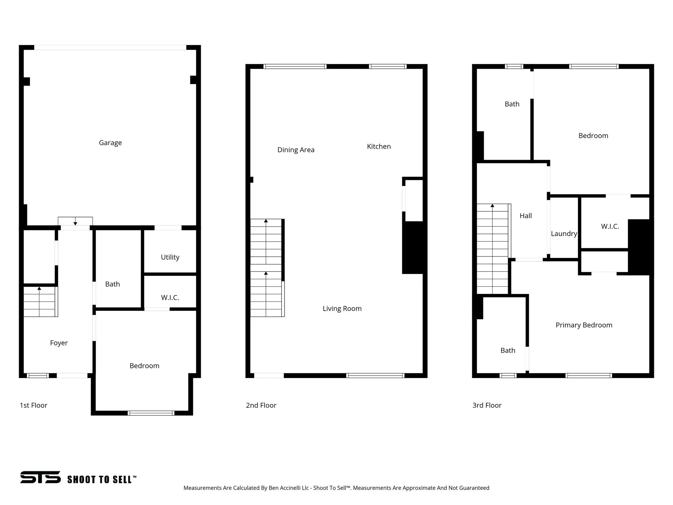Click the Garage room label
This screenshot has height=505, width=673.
110,143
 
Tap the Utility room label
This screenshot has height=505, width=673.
170,257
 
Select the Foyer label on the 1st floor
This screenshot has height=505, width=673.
59,343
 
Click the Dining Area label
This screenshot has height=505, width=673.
296,150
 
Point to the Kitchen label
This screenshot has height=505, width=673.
379,146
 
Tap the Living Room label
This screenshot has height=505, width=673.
342,308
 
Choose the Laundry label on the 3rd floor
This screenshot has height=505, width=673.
564,233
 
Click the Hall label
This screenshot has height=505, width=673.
525,216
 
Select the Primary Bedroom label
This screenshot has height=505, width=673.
584,325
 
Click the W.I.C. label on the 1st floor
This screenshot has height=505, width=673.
170,298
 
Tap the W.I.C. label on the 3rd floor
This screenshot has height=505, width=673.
610,226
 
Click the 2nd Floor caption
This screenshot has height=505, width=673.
261,405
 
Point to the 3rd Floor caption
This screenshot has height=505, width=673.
487,405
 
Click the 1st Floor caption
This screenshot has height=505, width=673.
34,405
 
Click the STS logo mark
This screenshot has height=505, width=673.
40,477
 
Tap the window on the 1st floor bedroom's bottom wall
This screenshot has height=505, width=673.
151,413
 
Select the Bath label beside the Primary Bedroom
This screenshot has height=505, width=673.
508,350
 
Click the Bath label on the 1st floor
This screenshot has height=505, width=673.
112,284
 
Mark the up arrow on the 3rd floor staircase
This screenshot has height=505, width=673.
492,206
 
